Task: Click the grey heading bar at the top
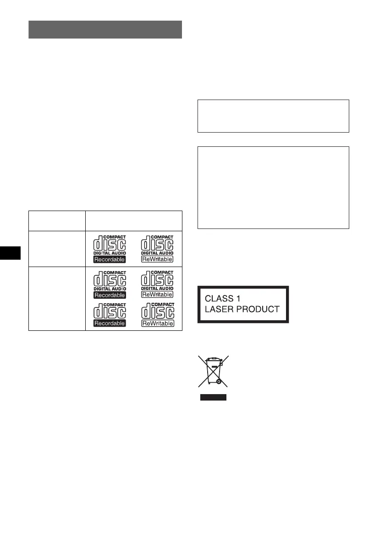click(105, 29)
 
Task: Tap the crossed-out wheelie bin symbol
click(213, 371)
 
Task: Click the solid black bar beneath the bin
click(213, 397)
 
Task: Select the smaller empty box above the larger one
click(273, 116)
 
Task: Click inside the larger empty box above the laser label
click(273, 188)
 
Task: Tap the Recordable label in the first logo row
click(110, 259)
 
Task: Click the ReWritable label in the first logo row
click(157, 259)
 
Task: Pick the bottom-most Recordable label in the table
click(110, 323)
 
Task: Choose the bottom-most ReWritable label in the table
click(157, 323)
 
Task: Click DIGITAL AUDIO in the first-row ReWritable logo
click(157, 253)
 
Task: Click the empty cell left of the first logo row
click(57, 248)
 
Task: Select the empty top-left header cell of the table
click(57, 221)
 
